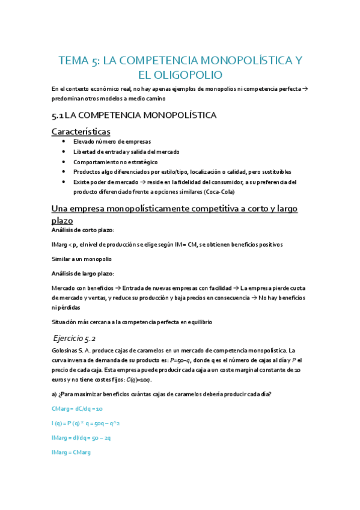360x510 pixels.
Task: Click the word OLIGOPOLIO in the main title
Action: coord(189,75)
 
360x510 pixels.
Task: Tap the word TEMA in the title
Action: coord(72,60)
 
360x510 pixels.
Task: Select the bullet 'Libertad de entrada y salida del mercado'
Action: coord(126,152)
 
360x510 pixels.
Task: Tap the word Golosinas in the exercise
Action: coord(66,350)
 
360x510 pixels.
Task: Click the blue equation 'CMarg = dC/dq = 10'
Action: coord(78,408)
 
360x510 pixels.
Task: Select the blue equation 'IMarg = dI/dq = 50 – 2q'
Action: coord(81,438)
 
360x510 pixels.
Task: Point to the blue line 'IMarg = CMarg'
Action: coord(72,452)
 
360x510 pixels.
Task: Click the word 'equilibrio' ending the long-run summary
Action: coord(195,322)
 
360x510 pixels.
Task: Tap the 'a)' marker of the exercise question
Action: coord(55,394)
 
